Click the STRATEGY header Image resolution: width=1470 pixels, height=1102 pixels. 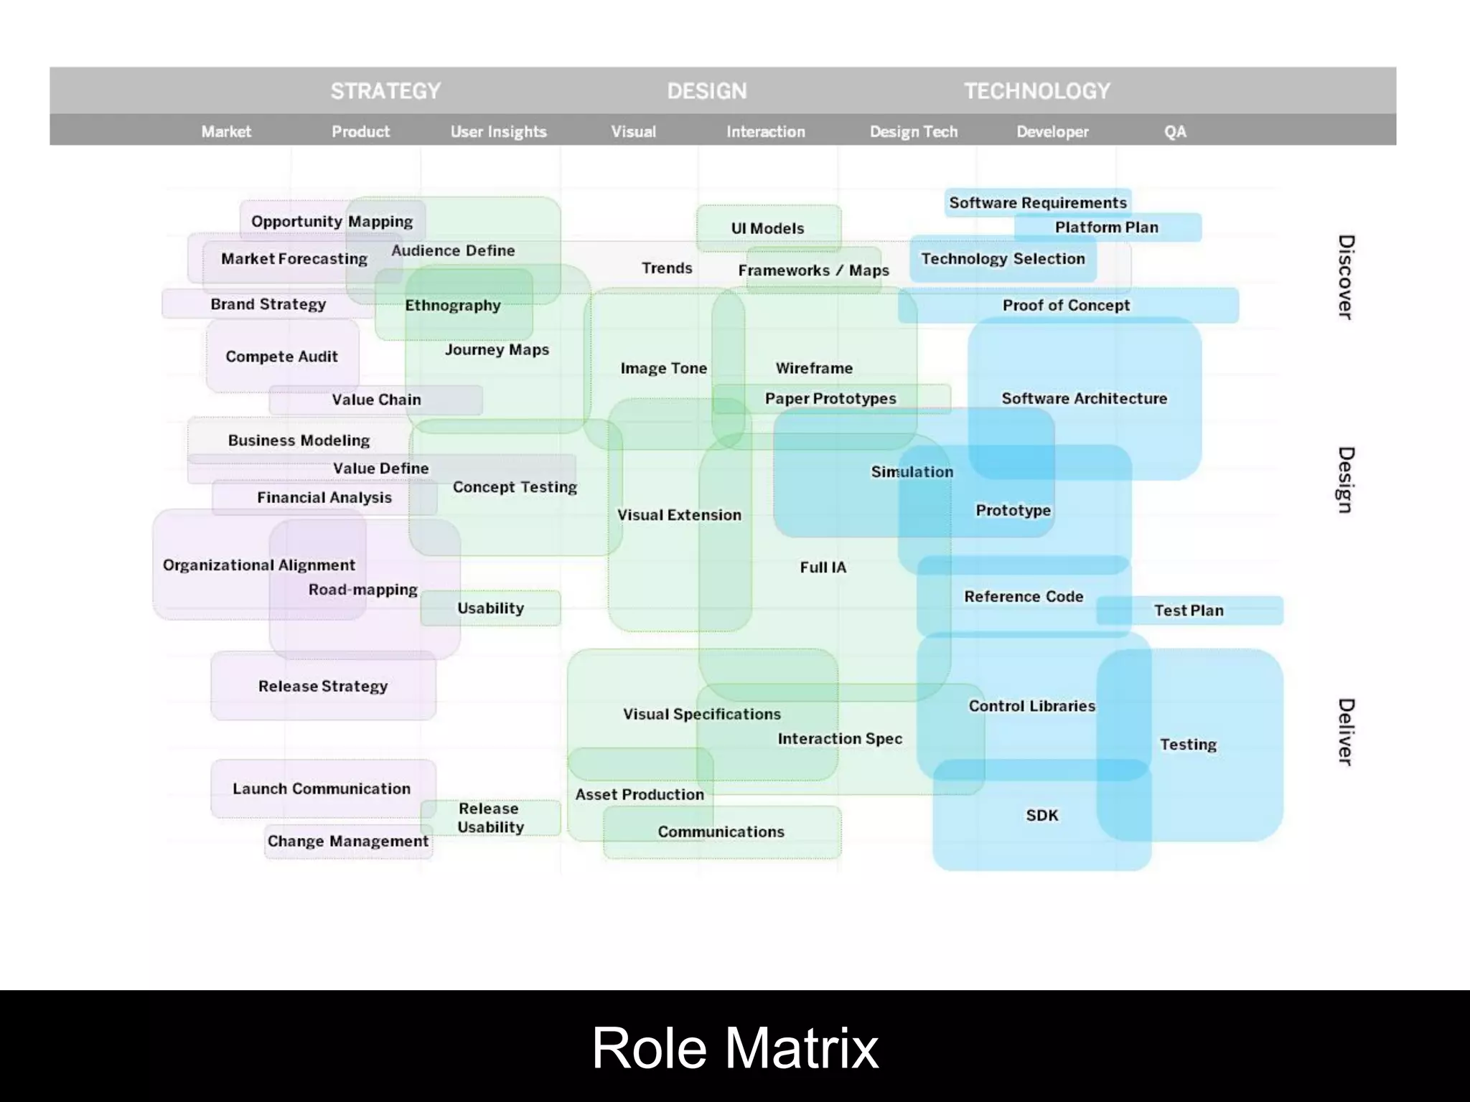[x=385, y=91]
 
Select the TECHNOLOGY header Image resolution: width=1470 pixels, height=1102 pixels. [x=1037, y=91]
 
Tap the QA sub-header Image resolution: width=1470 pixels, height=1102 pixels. [x=1175, y=132]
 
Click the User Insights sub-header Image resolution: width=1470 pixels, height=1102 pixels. [x=498, y=132]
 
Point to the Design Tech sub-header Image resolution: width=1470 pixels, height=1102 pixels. [x=914, y=132]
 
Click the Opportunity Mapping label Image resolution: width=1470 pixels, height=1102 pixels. [x=332, y=222]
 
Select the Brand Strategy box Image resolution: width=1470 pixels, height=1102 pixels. [x=268, y=304]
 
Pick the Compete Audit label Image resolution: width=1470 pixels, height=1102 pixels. [x=281, y=357]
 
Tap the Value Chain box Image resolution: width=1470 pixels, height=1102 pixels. [x=376, y=400]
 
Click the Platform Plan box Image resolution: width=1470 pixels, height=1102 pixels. [x=1107, y=227]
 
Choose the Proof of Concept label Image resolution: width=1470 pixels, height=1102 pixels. [x=1066, y=306]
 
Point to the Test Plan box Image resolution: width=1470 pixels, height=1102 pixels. [x=1189, y=611]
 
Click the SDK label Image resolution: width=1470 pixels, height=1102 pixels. [x=1042, y=816]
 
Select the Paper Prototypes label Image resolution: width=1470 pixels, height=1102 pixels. [x=830, y=399]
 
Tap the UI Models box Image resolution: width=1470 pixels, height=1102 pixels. [x=768, y=228]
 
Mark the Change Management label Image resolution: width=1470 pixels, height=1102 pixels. [x=348, y=842]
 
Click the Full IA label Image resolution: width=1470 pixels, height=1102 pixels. [x=823, y=568]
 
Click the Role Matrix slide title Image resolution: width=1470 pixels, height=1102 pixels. [x=735, y=1048]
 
